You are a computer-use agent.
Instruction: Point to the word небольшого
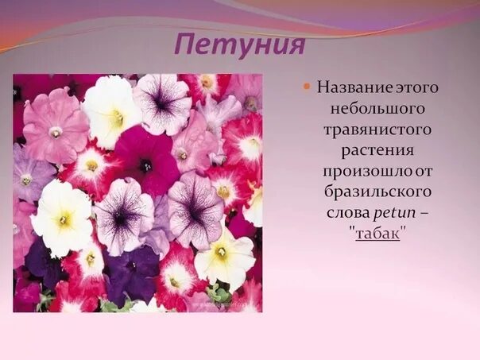(x=377, y=107)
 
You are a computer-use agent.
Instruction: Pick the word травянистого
(x=377, y=129)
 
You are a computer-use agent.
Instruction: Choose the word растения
(x=377, y=149)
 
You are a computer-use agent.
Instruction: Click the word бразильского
(x=377, y=192)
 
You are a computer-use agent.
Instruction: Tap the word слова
(x=346, y=213)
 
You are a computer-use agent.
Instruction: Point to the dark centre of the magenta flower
(x=145, y=165)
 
